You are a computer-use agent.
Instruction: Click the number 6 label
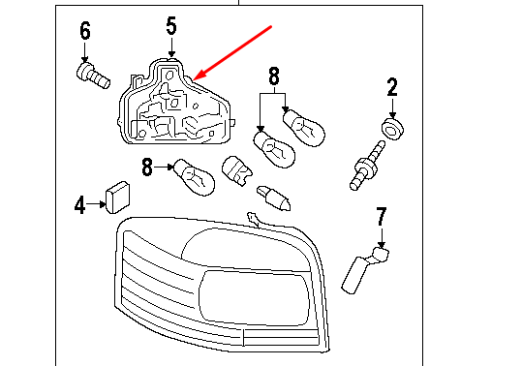(x=84, y=32)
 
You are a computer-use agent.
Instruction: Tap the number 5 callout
(x=171, y=26)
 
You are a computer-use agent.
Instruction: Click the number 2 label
(x=393, y=88)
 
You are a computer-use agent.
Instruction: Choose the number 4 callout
(x=80, y=204)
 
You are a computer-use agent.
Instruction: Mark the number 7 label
(x=381, y=216)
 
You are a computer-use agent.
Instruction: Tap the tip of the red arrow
(x=196, y=77)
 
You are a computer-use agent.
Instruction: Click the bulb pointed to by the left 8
(x=193, y=176)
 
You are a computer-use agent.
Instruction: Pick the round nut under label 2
(x=392, y=129)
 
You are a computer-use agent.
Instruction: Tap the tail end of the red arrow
(x=272, y=26)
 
